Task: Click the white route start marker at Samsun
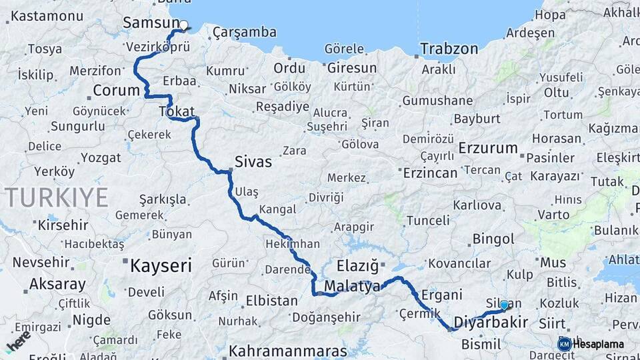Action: pyautogui.click(x=183, y=25)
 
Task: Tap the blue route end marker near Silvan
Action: pyautogui.click(x=504, y=305)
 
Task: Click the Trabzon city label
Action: pyautogui.click(x=449, y=49)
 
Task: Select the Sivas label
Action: pyautogui.click(x=253, y=161)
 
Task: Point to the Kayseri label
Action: pyautogui.click(x=161, y=266)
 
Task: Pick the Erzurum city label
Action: pyautogui.click(x=489, y=148)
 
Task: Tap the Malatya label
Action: pyautogui.click(x=352, y=287)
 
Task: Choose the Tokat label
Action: pyautogui.click(x=177, y=111)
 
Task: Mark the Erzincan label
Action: pyautogui.click(x=431, y=173)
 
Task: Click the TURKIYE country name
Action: pyautogui.click(x=56, y=197)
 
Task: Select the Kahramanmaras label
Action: pyautogui.click(x=288, y=351)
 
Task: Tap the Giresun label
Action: pyautogui.click(x=352, y=68)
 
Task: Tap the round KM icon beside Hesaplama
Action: pyautogui.click(x=564, y=344)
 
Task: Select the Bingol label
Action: pyautogui.click(x=493, y=239)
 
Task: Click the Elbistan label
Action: pyautogui.click(x=271, y=301)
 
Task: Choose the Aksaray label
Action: pyautogui.click(x=58, y=285)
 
